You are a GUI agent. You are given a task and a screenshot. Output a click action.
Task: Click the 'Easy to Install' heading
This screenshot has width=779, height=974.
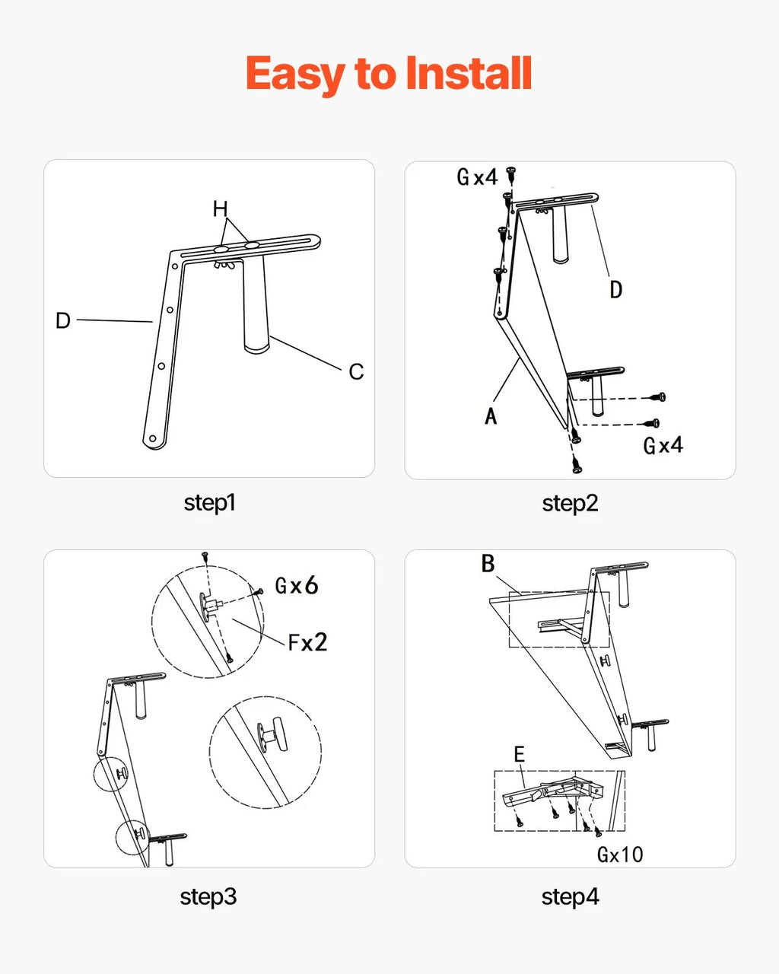click(389, 74)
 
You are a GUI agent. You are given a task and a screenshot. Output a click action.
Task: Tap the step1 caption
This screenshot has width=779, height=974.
click(209, 503)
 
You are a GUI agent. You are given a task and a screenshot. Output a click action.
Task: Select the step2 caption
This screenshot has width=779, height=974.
click(570, 503)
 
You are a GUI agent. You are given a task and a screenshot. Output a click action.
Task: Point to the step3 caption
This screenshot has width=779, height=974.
click(208, 896)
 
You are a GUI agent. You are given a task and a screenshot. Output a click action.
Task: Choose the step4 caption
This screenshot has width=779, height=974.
click(570, 896)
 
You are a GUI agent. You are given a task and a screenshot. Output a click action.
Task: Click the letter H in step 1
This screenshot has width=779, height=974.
click(221, 209)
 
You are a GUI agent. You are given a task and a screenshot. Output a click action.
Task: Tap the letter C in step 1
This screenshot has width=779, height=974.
click(356, 372)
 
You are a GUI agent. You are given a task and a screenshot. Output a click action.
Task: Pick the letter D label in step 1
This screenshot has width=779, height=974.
click(63, 320)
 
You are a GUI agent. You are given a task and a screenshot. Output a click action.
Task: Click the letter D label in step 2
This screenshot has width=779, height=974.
click(616, 290)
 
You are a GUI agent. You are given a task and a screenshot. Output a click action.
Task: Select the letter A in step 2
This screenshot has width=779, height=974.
click(491, 415)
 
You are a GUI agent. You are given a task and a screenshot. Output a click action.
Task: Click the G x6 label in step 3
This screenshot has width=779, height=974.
click(297, 586)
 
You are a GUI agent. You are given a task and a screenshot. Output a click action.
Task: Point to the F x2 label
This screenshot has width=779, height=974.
click(308, 642)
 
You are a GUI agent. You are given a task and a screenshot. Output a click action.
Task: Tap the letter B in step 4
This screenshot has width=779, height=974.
click(488, 564)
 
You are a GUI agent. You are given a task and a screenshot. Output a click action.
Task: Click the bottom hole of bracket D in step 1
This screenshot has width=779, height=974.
click(153, 438)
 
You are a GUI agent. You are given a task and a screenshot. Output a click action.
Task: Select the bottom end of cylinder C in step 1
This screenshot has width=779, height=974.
click(256, 349)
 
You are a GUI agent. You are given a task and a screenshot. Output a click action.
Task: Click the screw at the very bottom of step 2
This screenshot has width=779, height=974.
click(577, 464)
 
